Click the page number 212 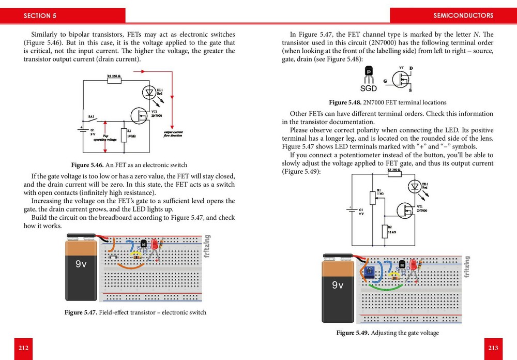pos(23,348)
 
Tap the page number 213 pos(493,348)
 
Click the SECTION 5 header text pos(40,16)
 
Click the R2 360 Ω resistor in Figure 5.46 pos(114,80)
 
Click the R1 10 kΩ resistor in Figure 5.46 pos(124,135)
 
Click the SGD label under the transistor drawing pos(368,88)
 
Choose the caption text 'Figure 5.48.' pos(345,102)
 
